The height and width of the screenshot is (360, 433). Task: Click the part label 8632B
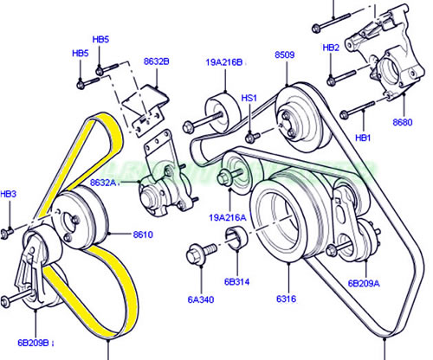[x=156, y=61]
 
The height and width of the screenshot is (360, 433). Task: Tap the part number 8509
[x=285, y=55]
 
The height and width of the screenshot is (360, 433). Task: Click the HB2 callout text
[x=331, y=48]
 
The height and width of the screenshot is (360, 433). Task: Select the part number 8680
[x=402, y=123]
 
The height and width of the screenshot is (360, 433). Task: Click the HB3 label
[x=8, y=195]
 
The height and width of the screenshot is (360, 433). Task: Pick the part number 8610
[x=144, y=235]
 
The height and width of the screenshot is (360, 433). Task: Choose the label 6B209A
[x=363, y=283]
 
